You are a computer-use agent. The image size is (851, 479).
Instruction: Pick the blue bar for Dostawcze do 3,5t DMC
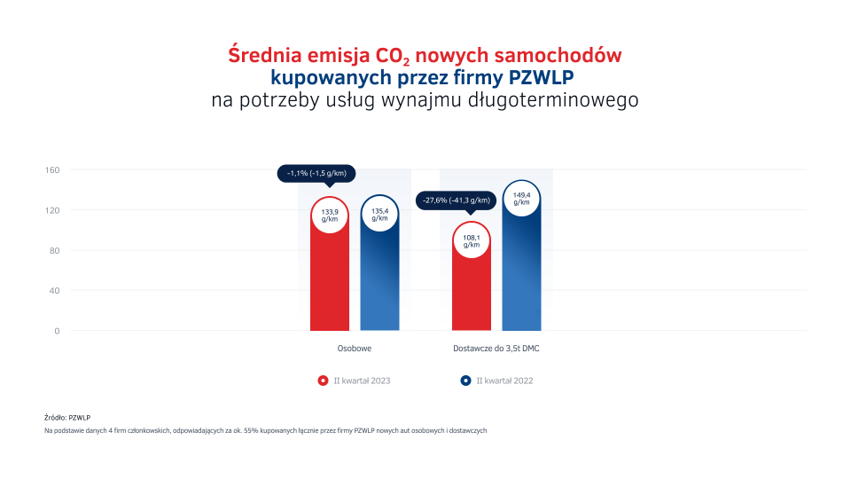point(521,275)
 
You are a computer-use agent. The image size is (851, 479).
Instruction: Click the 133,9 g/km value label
point(329,216)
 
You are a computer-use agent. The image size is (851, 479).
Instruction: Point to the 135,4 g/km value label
point(379,214)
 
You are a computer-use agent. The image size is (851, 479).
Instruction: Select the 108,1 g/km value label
point(471,240)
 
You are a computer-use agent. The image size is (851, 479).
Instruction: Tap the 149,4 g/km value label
point(521,200)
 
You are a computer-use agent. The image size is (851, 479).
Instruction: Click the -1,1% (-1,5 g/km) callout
point(316,173)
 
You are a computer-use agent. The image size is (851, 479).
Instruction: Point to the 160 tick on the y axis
point(51,169)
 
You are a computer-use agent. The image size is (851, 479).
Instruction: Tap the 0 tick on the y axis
point(57,331)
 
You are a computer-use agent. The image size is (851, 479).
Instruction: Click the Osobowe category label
point(355,349)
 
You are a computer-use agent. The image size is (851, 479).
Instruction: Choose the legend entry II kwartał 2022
point(496,381)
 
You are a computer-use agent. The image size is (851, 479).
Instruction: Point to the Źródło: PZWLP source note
point(67,417)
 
